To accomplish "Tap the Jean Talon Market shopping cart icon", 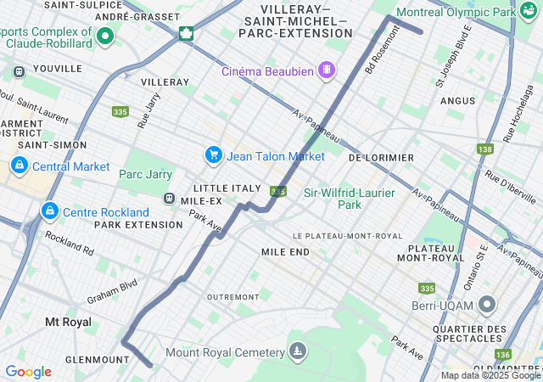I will (x=213, y=155).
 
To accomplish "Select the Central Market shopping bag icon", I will (x=19, y=166).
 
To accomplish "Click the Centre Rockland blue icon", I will (x=49, y=210).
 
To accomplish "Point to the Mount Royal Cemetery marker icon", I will (x=298, y=351).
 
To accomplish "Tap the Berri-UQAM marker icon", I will (x=487, y=304).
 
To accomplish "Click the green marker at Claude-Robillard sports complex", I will (x=105, y=36).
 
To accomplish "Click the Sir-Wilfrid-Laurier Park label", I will (x=350, y=199).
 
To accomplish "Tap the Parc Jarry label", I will (x=145, y=174).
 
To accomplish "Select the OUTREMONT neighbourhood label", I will (x=232, y=297).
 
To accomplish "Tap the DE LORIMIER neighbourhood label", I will (x=381, y=158).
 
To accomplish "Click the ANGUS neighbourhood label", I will (x=458, y=100).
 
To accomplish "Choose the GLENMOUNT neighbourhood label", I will (x=98, y=360).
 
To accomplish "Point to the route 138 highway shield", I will (x=484, y=149).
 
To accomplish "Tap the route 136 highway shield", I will (x=503, y=354).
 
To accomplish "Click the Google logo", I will (x=28, y=372).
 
